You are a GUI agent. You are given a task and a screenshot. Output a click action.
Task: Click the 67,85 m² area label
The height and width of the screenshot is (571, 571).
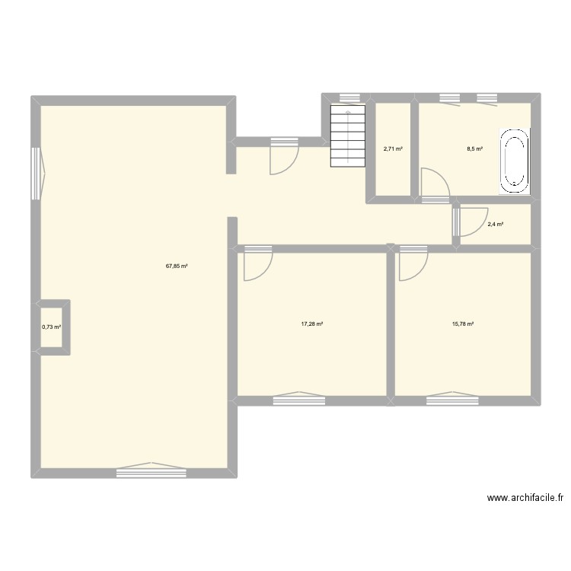click(177, 266)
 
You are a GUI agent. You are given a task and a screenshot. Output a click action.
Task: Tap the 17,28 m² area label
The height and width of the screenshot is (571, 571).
click(312, 324)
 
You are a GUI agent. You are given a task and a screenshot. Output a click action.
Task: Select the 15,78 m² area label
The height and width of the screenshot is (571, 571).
click(463, 324)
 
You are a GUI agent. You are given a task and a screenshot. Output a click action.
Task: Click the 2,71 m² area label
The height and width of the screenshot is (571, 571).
click(393, 149)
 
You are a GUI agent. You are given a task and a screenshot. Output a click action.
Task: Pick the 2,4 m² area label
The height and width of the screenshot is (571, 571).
click(496, 225)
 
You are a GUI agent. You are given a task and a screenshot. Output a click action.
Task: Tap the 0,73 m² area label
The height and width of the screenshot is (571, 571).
click(52, 327)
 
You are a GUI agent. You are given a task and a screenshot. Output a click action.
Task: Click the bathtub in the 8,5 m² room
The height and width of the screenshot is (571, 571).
click(514, 160)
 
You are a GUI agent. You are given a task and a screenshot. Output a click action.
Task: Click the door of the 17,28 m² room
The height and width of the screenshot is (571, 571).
click(257, 263)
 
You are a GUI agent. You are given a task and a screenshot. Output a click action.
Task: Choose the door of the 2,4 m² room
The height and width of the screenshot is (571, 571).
click(466, 222)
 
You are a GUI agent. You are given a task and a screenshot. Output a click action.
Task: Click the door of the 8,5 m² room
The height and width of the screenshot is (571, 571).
click(435, 187)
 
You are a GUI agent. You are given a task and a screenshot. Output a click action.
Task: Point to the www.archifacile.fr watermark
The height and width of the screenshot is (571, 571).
click(525, 499)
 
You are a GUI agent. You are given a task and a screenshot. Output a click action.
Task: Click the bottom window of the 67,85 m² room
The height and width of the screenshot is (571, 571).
click(152, 472)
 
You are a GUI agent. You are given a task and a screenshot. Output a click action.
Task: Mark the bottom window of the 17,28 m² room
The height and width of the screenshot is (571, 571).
click(298, 396)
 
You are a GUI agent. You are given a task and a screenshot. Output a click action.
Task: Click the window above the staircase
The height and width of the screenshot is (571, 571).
click(349, 97)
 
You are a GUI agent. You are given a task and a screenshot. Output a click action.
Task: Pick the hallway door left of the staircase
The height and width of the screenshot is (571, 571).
click(283, 157)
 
